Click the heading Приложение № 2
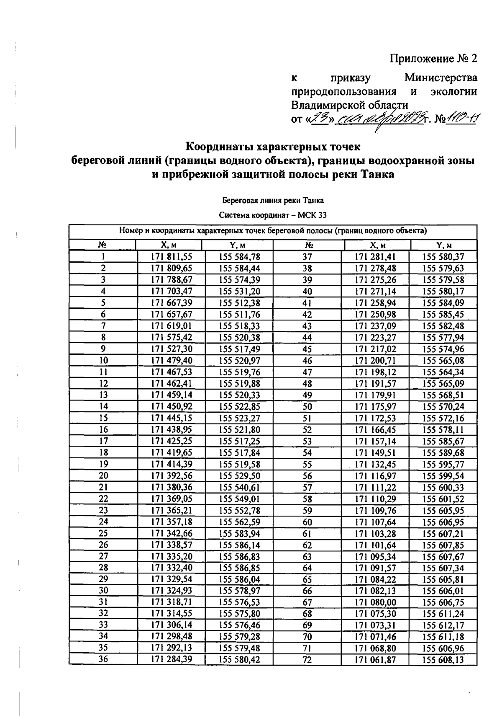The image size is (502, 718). point(433,58)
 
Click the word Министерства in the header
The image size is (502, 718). point(441,78)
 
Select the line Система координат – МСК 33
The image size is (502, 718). point(273,215)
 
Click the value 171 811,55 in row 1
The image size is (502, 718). point(171,257)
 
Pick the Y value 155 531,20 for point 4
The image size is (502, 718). point(239,291)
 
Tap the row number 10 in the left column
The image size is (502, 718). point(103,360)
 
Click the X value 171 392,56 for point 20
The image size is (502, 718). point(171,475)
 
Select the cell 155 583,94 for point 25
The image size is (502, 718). point(239,533)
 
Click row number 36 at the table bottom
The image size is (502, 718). point(103,660)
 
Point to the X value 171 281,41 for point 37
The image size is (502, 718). point(375,257)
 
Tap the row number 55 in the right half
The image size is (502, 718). point(307,464)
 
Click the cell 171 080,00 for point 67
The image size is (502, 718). point(375,602)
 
